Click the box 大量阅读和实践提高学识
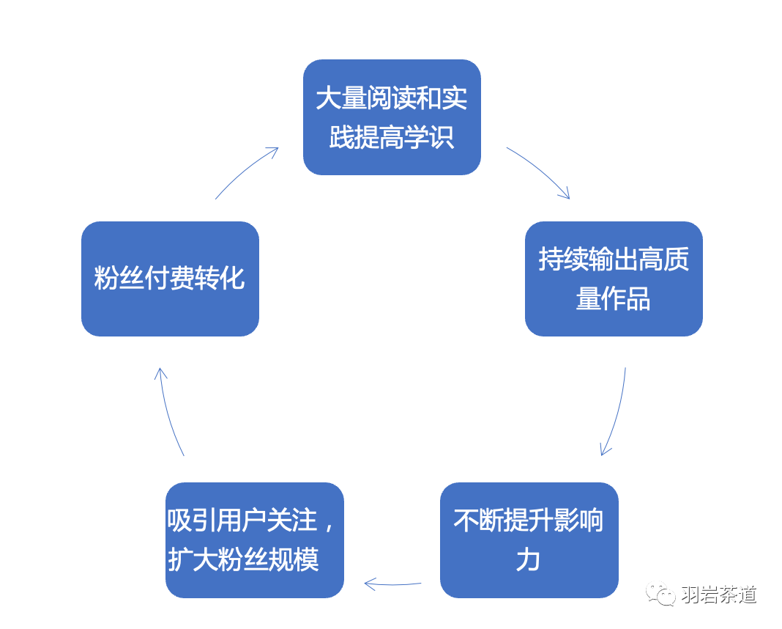pyautogui.click(x=392, y=117)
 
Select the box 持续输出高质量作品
pyautogui.click(x=614, y=279)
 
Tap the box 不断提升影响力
pyautogui.click(x=529, y=540)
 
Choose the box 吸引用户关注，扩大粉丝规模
pyautogui.click(x=254, y=540)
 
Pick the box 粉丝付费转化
pyautogui.click(x=170, y=279)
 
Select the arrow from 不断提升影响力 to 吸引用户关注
pyautogui.click(x=393, y=584)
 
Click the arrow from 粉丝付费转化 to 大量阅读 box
pyautogui.click(x=246, y=172)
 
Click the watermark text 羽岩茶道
pyautogui.click(x=718, y=595)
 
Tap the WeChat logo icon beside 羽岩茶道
pyautogui.click(x=660, y=595)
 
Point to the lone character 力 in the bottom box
pyautogui.click(x=528, y=560)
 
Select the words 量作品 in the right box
pyautogui.click(x=614, y=299)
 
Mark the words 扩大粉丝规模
pyautogui.click(x=244, y=560)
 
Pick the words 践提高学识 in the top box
pyautogui.click(x=392, y=137)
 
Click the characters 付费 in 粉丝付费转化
pyautogui.click(x=170, y=279)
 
